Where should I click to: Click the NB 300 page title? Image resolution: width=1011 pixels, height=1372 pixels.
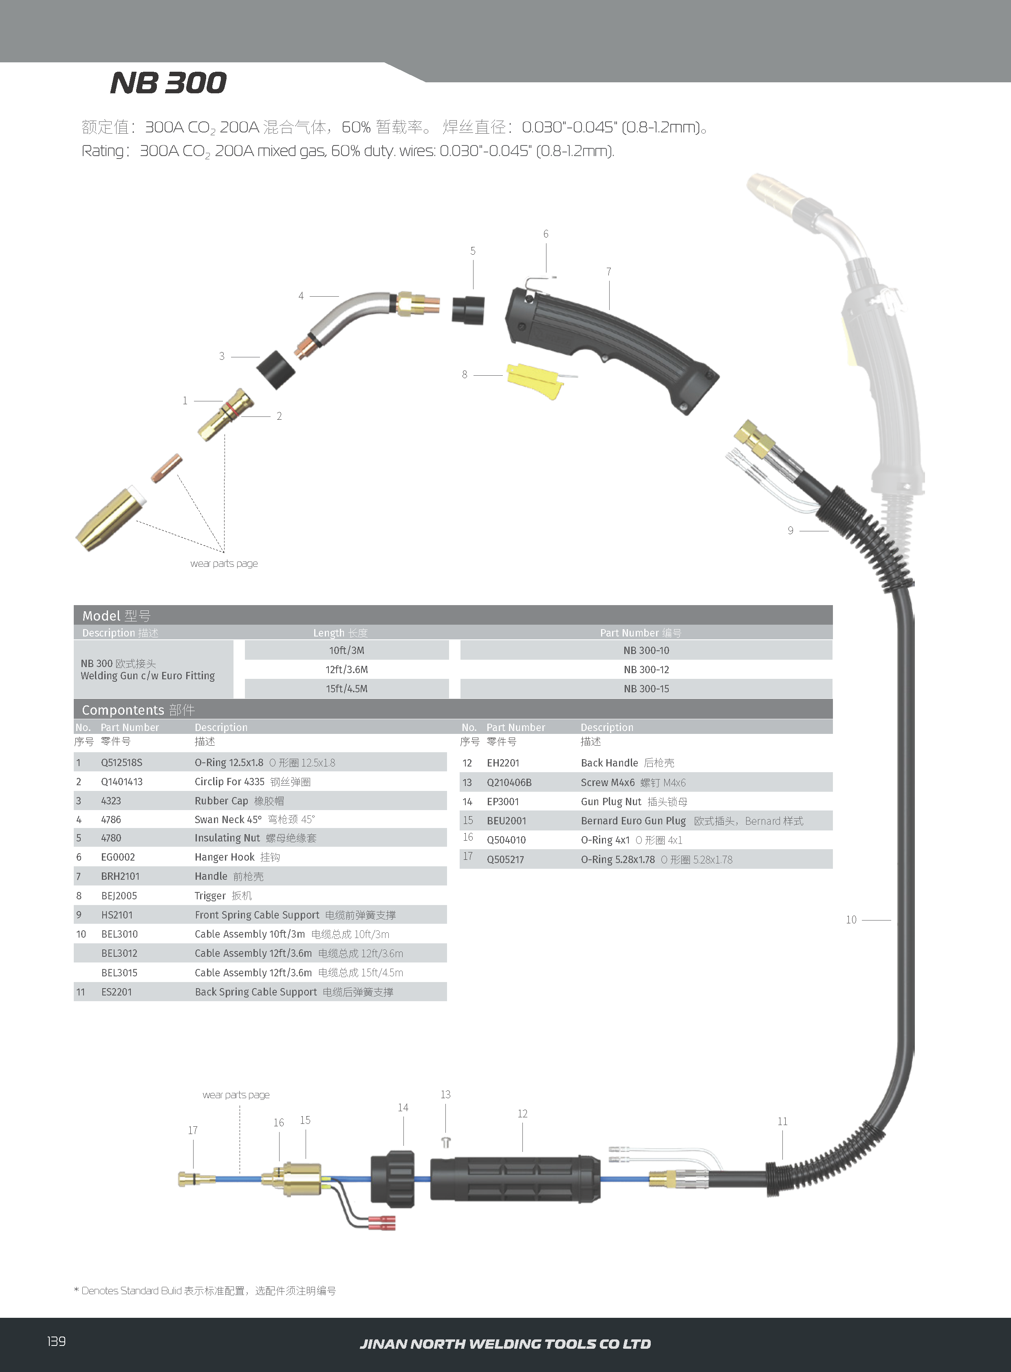[168, 83]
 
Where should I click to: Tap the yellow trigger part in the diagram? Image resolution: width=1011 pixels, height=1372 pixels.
[534, 379]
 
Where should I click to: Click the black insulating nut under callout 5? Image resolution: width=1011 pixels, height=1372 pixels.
[468, 310]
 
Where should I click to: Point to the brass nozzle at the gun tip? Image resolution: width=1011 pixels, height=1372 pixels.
[108, 520]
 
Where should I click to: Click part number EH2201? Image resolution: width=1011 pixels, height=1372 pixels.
[502, 763]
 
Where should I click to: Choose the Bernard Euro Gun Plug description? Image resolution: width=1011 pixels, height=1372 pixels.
[633, 821]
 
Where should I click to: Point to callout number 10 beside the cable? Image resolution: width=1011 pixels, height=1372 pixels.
[851, 920]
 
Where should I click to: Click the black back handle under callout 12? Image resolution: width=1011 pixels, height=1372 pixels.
[515, 1178]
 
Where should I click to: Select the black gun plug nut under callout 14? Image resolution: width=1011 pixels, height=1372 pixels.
[393, 1178]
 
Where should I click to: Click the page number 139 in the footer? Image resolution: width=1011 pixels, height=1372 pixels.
[56, 1341]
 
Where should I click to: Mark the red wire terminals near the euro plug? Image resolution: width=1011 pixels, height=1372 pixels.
[382, 1223]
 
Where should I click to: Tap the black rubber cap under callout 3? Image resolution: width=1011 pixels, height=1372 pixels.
[275, 370]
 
